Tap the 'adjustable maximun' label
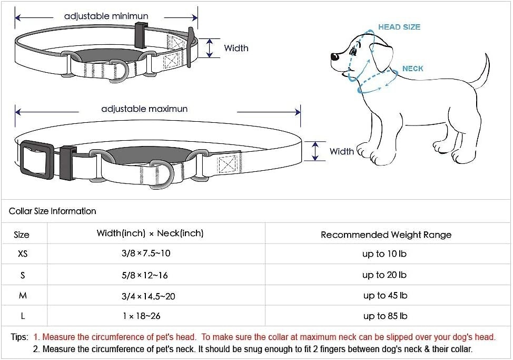(x=144, y=109)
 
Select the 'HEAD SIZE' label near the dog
(x=399, y=27)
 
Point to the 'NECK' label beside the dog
(x=412, y=69)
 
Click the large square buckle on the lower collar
(x=36, y=158)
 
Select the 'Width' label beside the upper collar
(x=236, y=48)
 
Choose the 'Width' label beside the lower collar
(x=341, y=151)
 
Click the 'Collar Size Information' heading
(x=53, y=211)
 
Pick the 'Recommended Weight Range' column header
(x=386, y=235)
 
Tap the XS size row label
(x=23, y=254)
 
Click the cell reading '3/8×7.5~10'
(x=146, y=254)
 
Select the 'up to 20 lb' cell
(x=384, y=275)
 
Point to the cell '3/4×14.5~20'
(x=149, y=296)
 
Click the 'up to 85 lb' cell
(x=384, y=316)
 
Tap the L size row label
(x=23, y=316)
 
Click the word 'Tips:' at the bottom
(x=20, y=337)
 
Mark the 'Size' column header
(x=22, y=235)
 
